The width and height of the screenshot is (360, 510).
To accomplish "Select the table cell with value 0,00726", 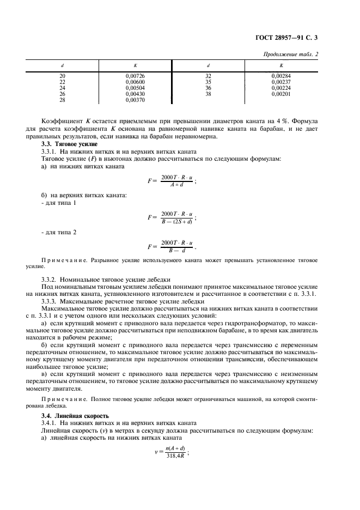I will [134, 76].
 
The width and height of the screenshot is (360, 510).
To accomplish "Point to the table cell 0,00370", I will [134, 100].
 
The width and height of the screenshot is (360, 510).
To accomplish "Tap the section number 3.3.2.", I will [50, 278].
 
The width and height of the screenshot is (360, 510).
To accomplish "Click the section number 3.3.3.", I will [50, 300].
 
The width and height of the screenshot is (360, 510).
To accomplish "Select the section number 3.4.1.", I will [50, 423].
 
